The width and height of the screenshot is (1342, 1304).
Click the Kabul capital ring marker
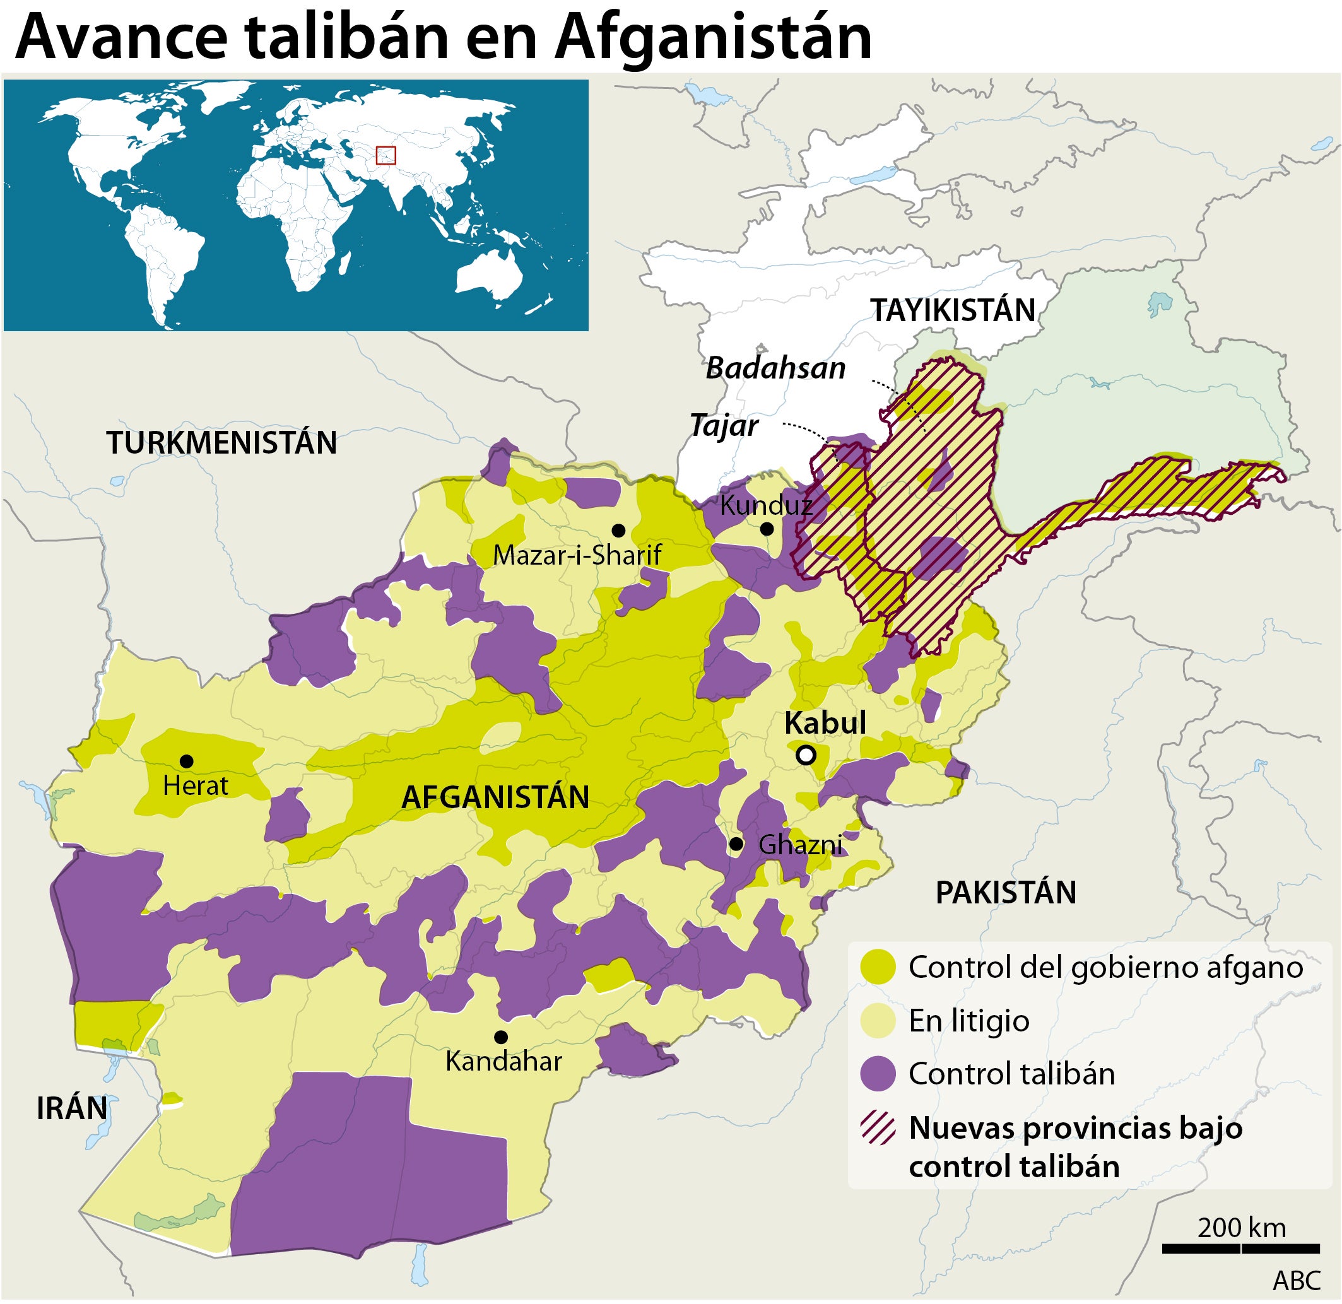(x=806, y=755)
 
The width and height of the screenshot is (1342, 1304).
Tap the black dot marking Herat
(x=185, y=761)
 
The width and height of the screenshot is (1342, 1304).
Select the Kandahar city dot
(x=501, y=1037)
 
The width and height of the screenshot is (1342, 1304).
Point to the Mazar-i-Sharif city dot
(x=618, y=530)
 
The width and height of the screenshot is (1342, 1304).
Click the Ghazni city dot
(x=736, y=845)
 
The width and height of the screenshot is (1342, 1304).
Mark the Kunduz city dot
(x=767, y=529)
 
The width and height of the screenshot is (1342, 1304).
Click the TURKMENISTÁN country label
(x=221, y=443)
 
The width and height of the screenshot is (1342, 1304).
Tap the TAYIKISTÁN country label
(x=952, y=310)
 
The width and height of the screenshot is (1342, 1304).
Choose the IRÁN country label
(x=71, y=1108)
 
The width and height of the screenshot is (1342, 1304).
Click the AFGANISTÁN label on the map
(x=495, y=797)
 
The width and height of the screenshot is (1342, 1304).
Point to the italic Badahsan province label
(x=775, y=368)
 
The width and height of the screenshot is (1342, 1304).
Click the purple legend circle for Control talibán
(x=878, y=1074)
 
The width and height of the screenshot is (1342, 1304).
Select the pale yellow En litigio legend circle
(x=878, y=1021)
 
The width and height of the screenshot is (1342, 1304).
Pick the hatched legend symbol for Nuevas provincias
(x=878, y=1129)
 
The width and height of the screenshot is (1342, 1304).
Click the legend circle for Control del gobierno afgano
(x=878, y=967)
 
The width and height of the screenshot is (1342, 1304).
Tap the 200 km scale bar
(x=1241, y=1249)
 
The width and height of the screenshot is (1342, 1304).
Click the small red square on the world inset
(x=386, y=155)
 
